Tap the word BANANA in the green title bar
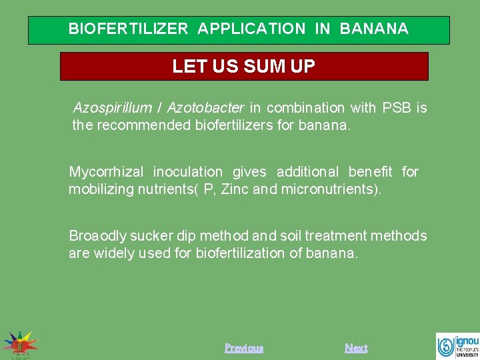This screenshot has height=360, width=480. pyautogui.click(x=374, y=29)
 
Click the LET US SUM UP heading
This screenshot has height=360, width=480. pyautogui.click(x=244, y=67)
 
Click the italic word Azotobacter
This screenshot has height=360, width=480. pyautogui.click(x=206, y=108)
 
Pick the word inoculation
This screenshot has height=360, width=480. pyautogui.click(x=187, y=172)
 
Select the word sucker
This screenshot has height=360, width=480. pyautogui.click(x=151, y=236)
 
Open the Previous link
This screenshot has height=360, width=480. pyautogui.click(x=244, y=347)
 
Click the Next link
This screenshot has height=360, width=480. pyautogui.click(x=356, y=347)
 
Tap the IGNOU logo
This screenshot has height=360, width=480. pyautogui.click(x=457, y=346)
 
